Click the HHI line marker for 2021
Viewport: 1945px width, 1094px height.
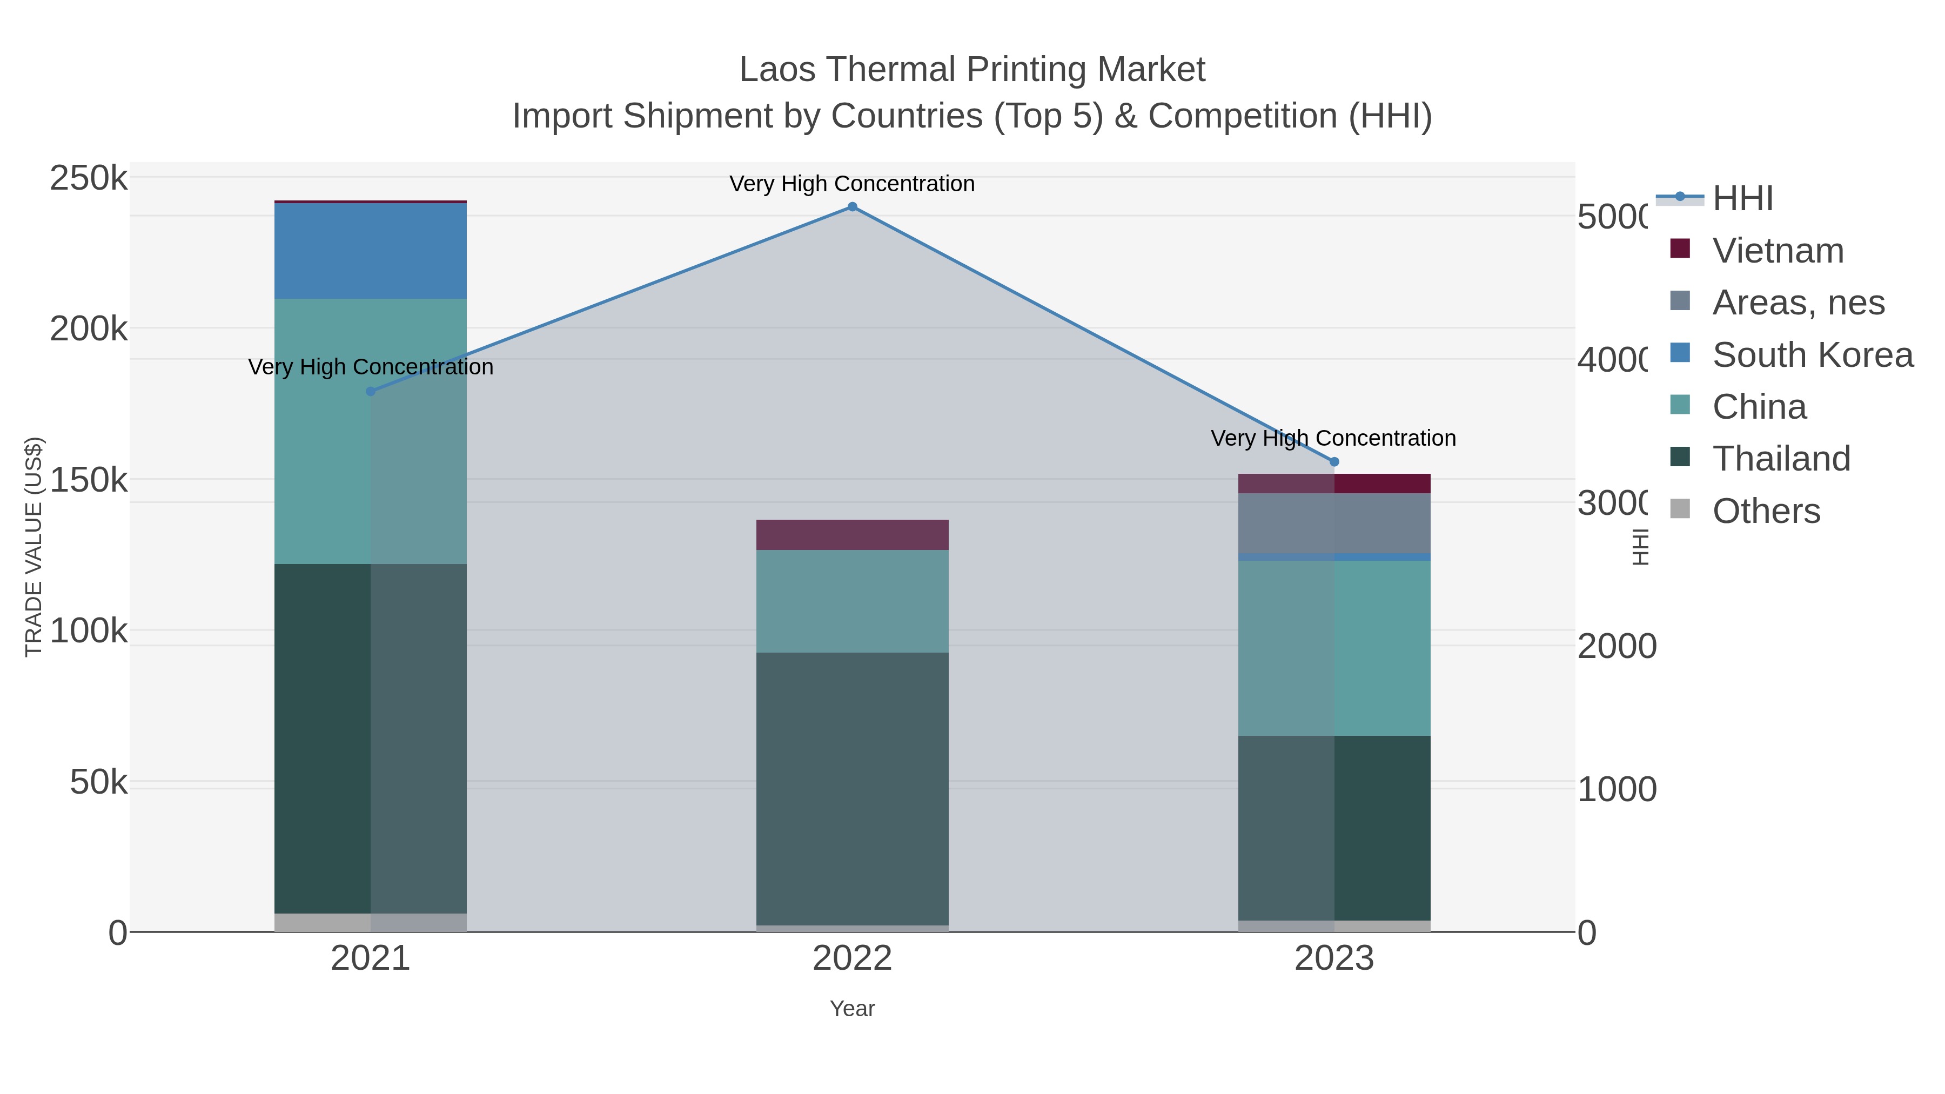coord(370,391)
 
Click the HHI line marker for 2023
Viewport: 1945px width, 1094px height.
coord(1333,462)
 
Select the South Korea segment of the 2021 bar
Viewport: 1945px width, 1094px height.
coord(370,251)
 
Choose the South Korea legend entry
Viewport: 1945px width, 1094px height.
coord(1812,355)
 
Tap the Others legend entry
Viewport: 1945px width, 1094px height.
coord(1765,511)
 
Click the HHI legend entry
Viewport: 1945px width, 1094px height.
coord(1741,199)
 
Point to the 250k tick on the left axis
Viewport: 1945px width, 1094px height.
coord(89,179)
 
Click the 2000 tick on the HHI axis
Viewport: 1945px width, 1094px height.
coord(1617,646)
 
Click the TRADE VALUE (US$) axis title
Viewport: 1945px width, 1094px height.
coord(34,547)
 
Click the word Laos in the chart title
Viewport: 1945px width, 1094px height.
coord(777,70)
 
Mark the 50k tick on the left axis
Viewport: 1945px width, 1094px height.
coord(98,782)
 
